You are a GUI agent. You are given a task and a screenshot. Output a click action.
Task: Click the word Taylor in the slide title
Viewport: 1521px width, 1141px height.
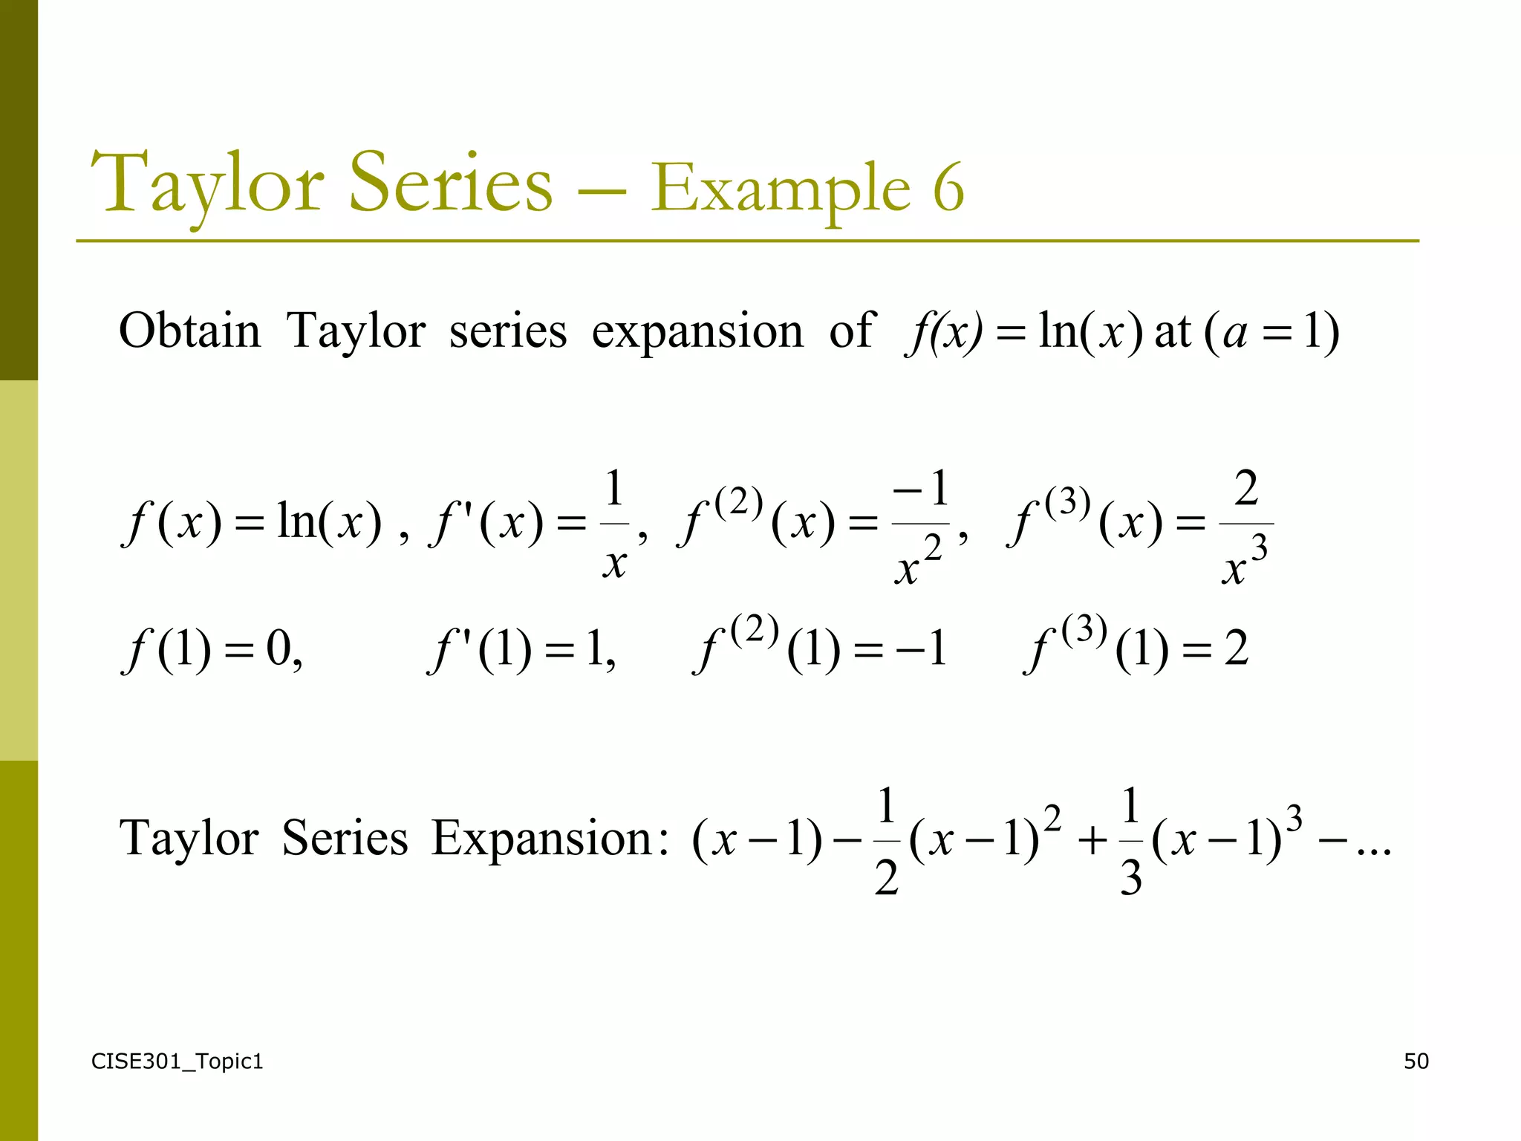click(x=207, y=184)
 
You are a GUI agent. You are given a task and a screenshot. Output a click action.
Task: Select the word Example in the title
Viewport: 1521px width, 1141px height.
click(x=781, y=190)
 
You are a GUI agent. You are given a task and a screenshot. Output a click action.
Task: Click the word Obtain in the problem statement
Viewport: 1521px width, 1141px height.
click(x=190, y=331)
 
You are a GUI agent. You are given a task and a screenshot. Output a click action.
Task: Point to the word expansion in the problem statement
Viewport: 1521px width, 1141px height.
click(x=697, y=332)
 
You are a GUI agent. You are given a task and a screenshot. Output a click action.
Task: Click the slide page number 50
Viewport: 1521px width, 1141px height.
click(x=1416, y=1061)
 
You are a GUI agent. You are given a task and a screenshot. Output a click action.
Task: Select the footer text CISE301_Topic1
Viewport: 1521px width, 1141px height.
click(x=177, y=1062)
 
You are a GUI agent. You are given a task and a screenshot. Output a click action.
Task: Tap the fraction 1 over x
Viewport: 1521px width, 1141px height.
click(x=614, y=524)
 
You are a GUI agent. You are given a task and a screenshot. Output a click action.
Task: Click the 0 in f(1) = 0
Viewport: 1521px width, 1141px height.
click(x=280, y=648)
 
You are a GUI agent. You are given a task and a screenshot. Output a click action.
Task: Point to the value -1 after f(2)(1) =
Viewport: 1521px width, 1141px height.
click(x=921, y=648)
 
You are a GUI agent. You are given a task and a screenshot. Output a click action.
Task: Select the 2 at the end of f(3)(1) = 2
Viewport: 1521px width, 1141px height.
click(x=1236, y=648)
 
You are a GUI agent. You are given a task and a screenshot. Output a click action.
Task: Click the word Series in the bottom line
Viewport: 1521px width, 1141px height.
click(x=345, y=839)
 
